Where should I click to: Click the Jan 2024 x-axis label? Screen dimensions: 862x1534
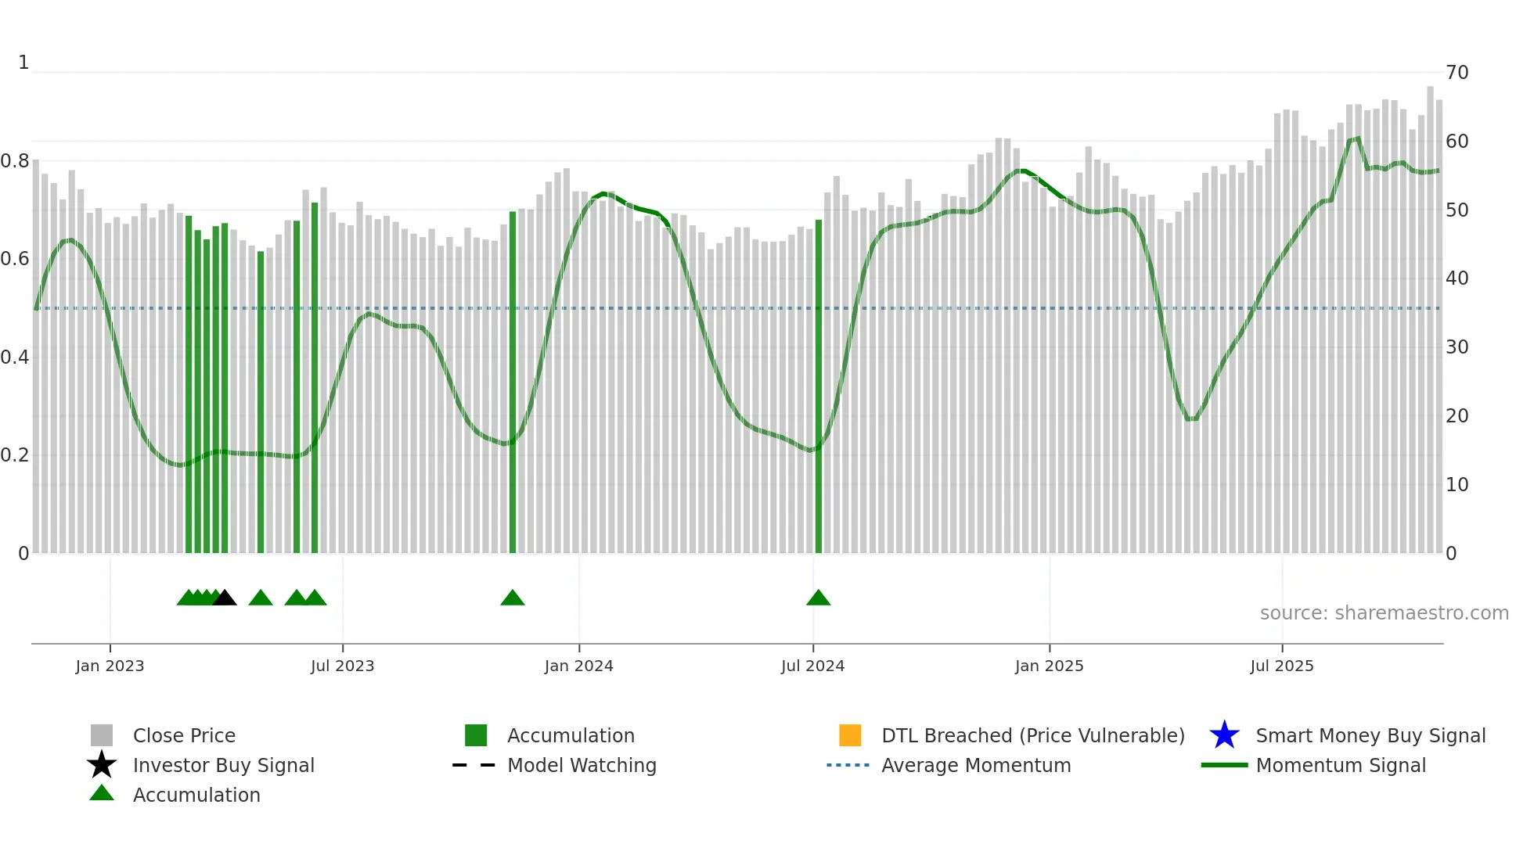coord(578,666)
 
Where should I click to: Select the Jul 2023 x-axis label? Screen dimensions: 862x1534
coord(342,666)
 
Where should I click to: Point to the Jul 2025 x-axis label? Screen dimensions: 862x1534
coord(1281,666)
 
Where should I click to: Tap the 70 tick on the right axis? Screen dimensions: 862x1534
coord(1457,73)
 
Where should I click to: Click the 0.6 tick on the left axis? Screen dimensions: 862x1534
coord(15,259)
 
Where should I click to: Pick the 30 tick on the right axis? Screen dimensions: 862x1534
coord(1457,347)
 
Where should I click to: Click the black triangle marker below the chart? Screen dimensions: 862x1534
coord(225,598)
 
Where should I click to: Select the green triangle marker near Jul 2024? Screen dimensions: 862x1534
coord(818,598)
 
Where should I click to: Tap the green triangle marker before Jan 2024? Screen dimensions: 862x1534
coord(513,598)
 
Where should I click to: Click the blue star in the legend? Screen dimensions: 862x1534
coord(1224,735)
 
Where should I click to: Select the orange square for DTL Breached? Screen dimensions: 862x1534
coord(850,735)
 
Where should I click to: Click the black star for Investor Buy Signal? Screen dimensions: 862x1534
coord(102,765)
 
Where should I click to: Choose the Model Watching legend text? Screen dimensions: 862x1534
coord(582,765)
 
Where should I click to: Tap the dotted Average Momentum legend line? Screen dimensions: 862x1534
coord(848,765)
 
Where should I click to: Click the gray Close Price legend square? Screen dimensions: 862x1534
coord(102,735)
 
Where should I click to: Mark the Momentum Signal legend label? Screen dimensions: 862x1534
coord(1341,765)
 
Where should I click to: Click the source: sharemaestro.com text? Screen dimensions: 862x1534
coord(1384,613)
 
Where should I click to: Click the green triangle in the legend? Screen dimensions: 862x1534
coord(102,793)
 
